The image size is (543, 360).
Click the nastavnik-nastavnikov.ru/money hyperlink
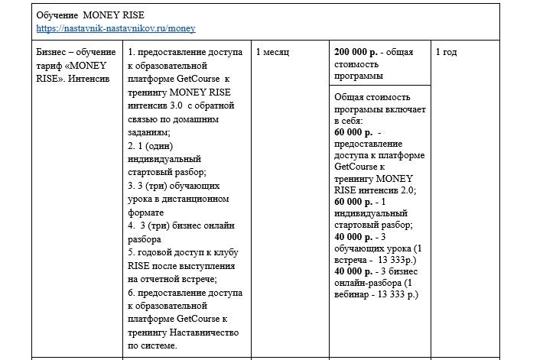pos(115,28)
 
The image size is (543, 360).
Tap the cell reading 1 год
pos(447,53)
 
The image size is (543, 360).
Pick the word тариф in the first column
pos(50,65)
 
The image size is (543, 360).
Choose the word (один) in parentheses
pos(155,144)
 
